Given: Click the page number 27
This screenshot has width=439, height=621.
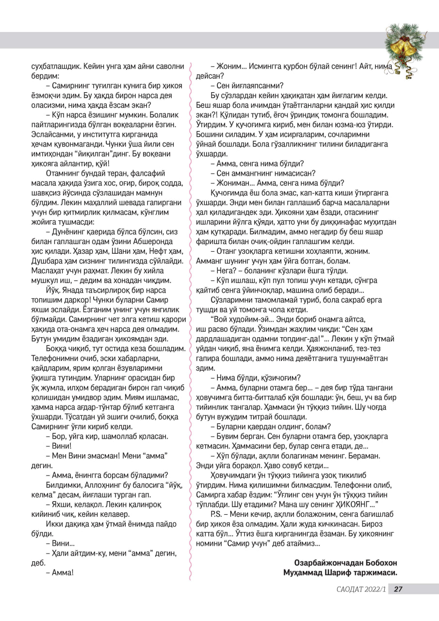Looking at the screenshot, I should coord(398,589).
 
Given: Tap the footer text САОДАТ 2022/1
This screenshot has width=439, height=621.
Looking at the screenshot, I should coord(362,589).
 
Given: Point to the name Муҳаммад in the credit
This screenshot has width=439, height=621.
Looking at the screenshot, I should coord(305,573).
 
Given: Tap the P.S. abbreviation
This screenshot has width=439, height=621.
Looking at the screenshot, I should coord(217,513).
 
